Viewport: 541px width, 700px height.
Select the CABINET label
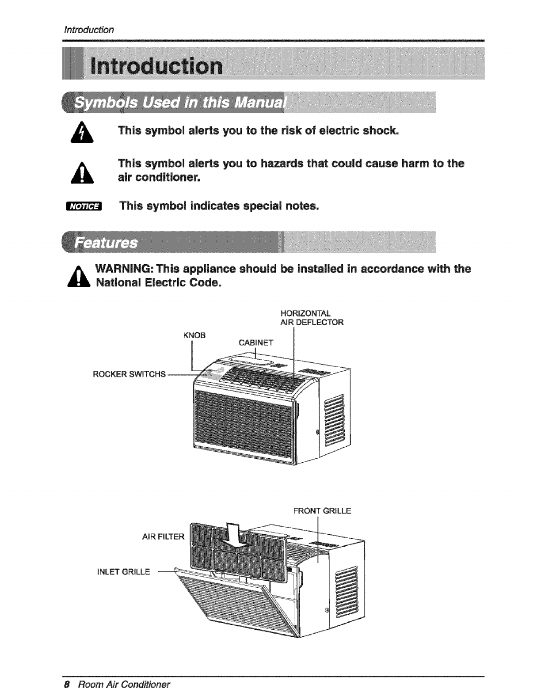(256, 342)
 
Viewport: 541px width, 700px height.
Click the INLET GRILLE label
(123, 572)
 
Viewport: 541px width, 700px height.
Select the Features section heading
(106, 243)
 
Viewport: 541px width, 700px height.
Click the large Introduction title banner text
(156, 66)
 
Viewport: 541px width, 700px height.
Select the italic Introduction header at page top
(89, 30)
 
